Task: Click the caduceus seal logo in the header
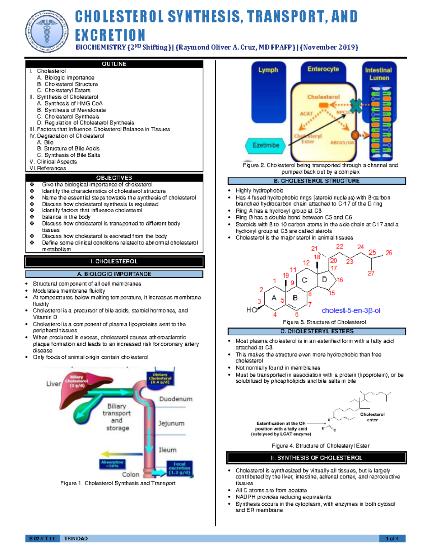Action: pos(47,32)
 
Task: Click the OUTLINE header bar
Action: pos(114,64)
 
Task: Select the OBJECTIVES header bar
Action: pos(114,178)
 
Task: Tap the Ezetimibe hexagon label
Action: pos(266,145)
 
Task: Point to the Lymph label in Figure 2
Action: pos(268,70)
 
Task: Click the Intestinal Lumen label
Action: pos(379,74)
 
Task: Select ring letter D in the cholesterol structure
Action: pos(325,279)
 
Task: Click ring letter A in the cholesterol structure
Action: pos(274,298)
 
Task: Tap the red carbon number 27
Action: pos(371,273)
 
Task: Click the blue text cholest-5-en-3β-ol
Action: pos(351,311)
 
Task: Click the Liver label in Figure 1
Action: pos(54,384)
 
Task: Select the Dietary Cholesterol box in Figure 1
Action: pos(160,378)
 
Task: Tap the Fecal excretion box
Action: pos(180,468)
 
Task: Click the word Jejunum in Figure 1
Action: pos(171,424)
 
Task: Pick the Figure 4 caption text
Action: pos(320,446)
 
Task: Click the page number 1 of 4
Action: pos(392,539)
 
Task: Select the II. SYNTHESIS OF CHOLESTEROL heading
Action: pos(316,458)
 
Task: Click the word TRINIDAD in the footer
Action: pos(76,539)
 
